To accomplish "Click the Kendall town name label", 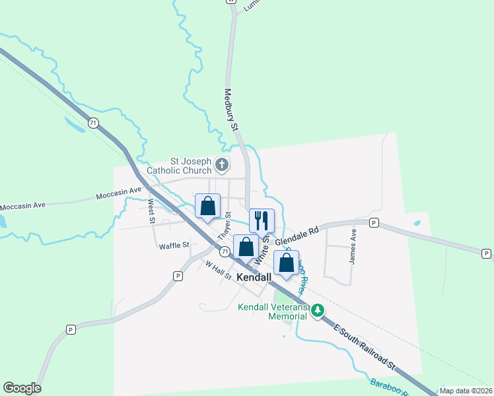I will [254, 278].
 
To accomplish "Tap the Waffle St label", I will [174, 246].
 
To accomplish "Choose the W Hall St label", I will [218, 271].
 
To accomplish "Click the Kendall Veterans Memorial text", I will [273, 312].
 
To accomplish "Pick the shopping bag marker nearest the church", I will [208, 205].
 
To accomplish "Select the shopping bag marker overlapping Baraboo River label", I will [286, 262].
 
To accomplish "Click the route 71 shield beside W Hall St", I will [225, 251].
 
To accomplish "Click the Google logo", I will [22, 388].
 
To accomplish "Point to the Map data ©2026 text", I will [466, 391].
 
